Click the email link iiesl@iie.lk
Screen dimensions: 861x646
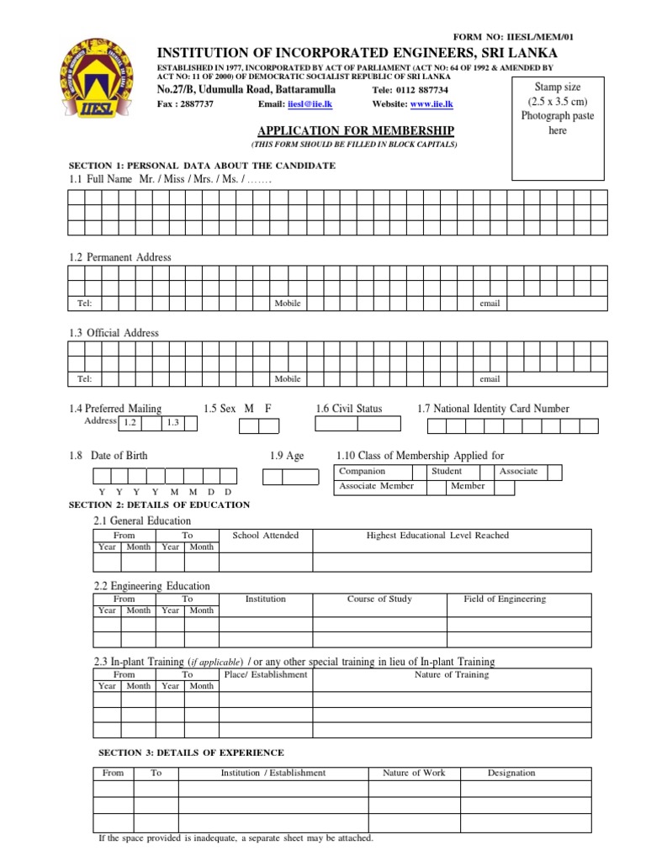(x=304, y=103)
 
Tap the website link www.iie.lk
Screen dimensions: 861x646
(x=432, y=103)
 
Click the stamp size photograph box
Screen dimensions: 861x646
(x=557, y=128)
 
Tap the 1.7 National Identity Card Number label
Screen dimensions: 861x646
(x=493, y=409)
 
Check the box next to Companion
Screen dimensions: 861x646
(x=417, y=472)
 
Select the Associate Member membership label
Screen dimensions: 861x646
(x=376, y=486)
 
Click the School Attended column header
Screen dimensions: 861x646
(x=265, y=536)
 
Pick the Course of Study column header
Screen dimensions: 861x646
(x=379, y=600)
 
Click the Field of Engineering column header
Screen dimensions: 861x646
(x=505, y=600)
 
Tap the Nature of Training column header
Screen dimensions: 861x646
(x=452, y=674)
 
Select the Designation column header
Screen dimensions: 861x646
(x=511, y=773)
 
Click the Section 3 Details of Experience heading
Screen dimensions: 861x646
(x=191, y=753)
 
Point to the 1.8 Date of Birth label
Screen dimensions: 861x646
(x=109, y=456)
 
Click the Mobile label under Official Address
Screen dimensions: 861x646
(x=288, y=379)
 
